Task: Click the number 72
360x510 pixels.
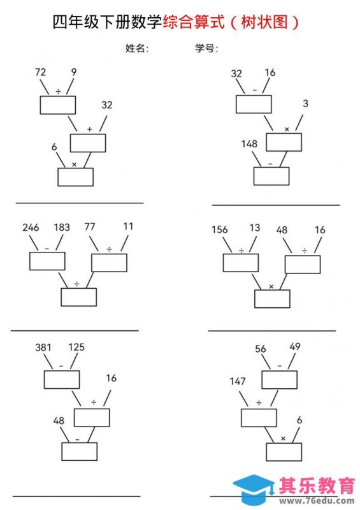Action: (x=40, y=72)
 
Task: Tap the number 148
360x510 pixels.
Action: (x=249, y=144)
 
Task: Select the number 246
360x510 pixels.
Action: (x=31, y=227)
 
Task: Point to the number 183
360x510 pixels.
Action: (x=62, y=227)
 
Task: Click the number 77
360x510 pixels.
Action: (x=90, y=226)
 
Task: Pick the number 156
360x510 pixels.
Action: (x=220, y=229)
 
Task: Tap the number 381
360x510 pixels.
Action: (x=43, y=347)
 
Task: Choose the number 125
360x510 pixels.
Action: (x=76, y=347)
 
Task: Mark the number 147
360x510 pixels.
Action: (x=238, y=381)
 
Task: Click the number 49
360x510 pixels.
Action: (x=295, y=346)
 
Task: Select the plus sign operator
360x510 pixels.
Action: (x=89, y=129)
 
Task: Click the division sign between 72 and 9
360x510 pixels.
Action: (x=58, y=91)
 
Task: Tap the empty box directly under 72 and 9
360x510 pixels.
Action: (x=58, y=105)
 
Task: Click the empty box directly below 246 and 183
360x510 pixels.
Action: (x=47, y=261)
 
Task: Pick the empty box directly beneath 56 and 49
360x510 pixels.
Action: (x=279, y=380)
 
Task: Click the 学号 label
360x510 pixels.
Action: (x=206, y=48)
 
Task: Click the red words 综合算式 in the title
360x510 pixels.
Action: (x=194, y=22)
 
